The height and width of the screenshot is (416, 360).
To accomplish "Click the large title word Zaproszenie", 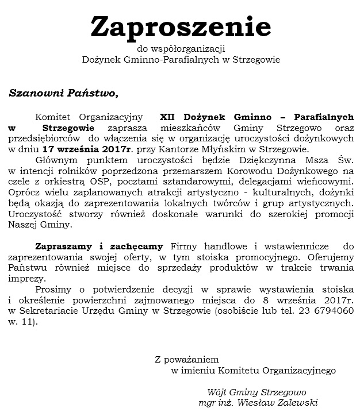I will [x=180, y=26].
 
